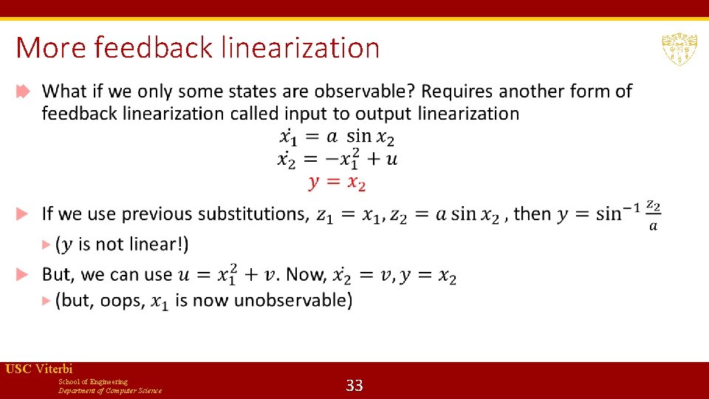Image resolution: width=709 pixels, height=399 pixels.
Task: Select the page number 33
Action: [354, 385]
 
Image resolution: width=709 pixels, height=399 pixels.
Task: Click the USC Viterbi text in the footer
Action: [39, 369]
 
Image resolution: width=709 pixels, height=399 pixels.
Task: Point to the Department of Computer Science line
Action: [110, 390]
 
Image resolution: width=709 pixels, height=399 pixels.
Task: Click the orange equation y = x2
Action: [337, 182]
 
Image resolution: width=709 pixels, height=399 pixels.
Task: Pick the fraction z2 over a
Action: [652, 214]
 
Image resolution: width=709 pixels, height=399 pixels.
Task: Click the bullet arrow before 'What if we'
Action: [23, 92]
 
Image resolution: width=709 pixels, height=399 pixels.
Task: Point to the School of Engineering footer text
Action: [93, 381]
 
